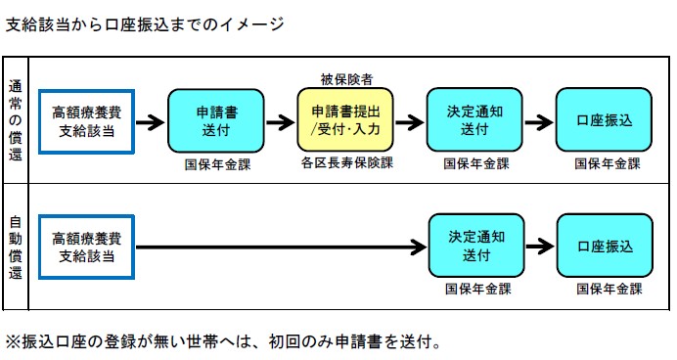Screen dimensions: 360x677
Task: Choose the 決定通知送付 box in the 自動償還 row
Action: point(475,247)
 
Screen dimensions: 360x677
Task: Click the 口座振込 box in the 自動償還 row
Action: point(605,247)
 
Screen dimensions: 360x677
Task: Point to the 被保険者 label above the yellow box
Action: point(345,77)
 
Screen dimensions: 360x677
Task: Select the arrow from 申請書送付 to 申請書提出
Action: point(280,122)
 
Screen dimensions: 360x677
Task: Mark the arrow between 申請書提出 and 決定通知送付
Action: point(410,122)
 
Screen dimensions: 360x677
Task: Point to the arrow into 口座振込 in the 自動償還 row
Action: point(539,248)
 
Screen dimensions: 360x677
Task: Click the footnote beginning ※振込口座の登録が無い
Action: point(224,342)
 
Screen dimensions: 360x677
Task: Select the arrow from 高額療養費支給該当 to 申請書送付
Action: point(151,122)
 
